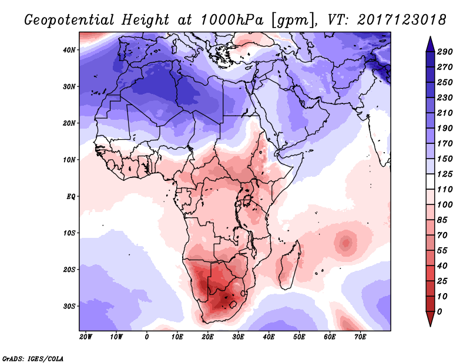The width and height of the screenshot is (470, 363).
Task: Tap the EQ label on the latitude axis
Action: tap(70, 196)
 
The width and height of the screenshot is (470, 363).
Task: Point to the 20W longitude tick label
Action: tap(86, 337)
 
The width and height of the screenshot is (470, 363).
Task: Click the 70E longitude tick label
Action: tap(360, 337)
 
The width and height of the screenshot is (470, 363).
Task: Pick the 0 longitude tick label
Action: tap(147, 337)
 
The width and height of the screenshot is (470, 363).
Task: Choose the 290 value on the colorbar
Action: tap(445, 52)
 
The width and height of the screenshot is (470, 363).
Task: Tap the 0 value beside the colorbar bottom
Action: tap(439, 311)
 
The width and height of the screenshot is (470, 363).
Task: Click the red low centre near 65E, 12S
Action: tap(345, 241)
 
